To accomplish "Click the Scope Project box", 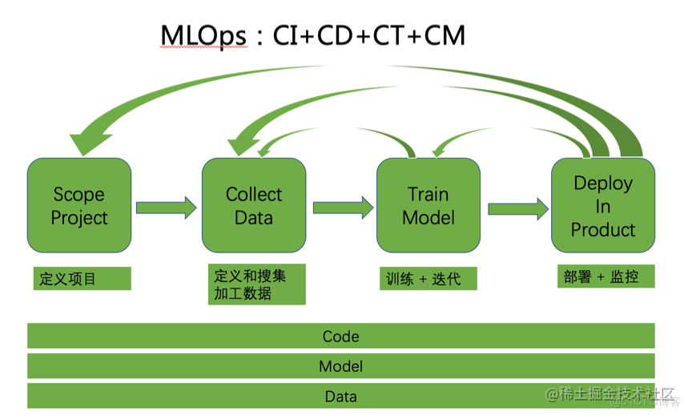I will (78, 206).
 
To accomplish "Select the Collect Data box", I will (253, 206).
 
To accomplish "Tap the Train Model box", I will (428, 206).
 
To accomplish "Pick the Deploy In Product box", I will (602, 206).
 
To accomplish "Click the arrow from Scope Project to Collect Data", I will (166, 207).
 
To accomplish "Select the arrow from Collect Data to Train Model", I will (342, 207).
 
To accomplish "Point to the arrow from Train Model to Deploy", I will (517, 208).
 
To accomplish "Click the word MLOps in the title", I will (203, 36).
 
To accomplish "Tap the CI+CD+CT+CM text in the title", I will (369, 36).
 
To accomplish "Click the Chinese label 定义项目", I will (69, 279).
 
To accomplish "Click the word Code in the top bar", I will (340, 336).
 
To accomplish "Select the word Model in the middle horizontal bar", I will (340, 366).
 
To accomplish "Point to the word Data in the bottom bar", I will (340, 396).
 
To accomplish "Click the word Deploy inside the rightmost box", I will (602, 183).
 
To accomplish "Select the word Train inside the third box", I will (428, 195).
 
